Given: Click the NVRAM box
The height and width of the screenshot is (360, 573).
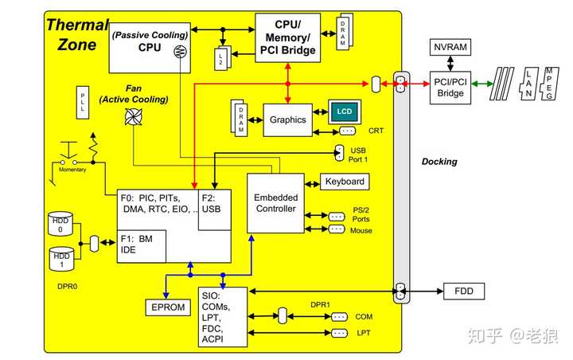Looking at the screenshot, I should tap(450, 48).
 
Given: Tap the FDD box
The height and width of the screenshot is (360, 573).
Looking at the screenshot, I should tap(463, 292).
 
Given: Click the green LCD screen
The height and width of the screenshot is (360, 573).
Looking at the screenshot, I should tap(345, 110).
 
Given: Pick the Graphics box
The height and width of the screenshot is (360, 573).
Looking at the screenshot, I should tap(287, 119).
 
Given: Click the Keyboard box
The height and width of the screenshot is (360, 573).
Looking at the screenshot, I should tap(345, 182).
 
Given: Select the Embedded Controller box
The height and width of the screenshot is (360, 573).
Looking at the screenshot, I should tap(275, 202).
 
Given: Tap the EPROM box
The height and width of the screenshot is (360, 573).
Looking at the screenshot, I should tap(167, 307).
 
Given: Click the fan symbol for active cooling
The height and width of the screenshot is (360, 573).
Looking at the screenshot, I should tap(132, 117).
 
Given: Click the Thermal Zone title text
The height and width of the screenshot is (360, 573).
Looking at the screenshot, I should tap(76, 33).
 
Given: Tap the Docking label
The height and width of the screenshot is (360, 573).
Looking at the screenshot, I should tap(439, 162).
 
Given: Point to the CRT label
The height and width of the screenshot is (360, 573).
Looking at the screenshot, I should tap(376, 130).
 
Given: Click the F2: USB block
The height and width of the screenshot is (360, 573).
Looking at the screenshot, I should tap(213, 205).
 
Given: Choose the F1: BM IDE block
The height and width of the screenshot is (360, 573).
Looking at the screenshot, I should tap(141, 245).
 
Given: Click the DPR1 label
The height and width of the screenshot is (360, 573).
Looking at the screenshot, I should tap(322, 304).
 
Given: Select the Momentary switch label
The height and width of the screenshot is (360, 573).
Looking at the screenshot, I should tap(73, 170).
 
